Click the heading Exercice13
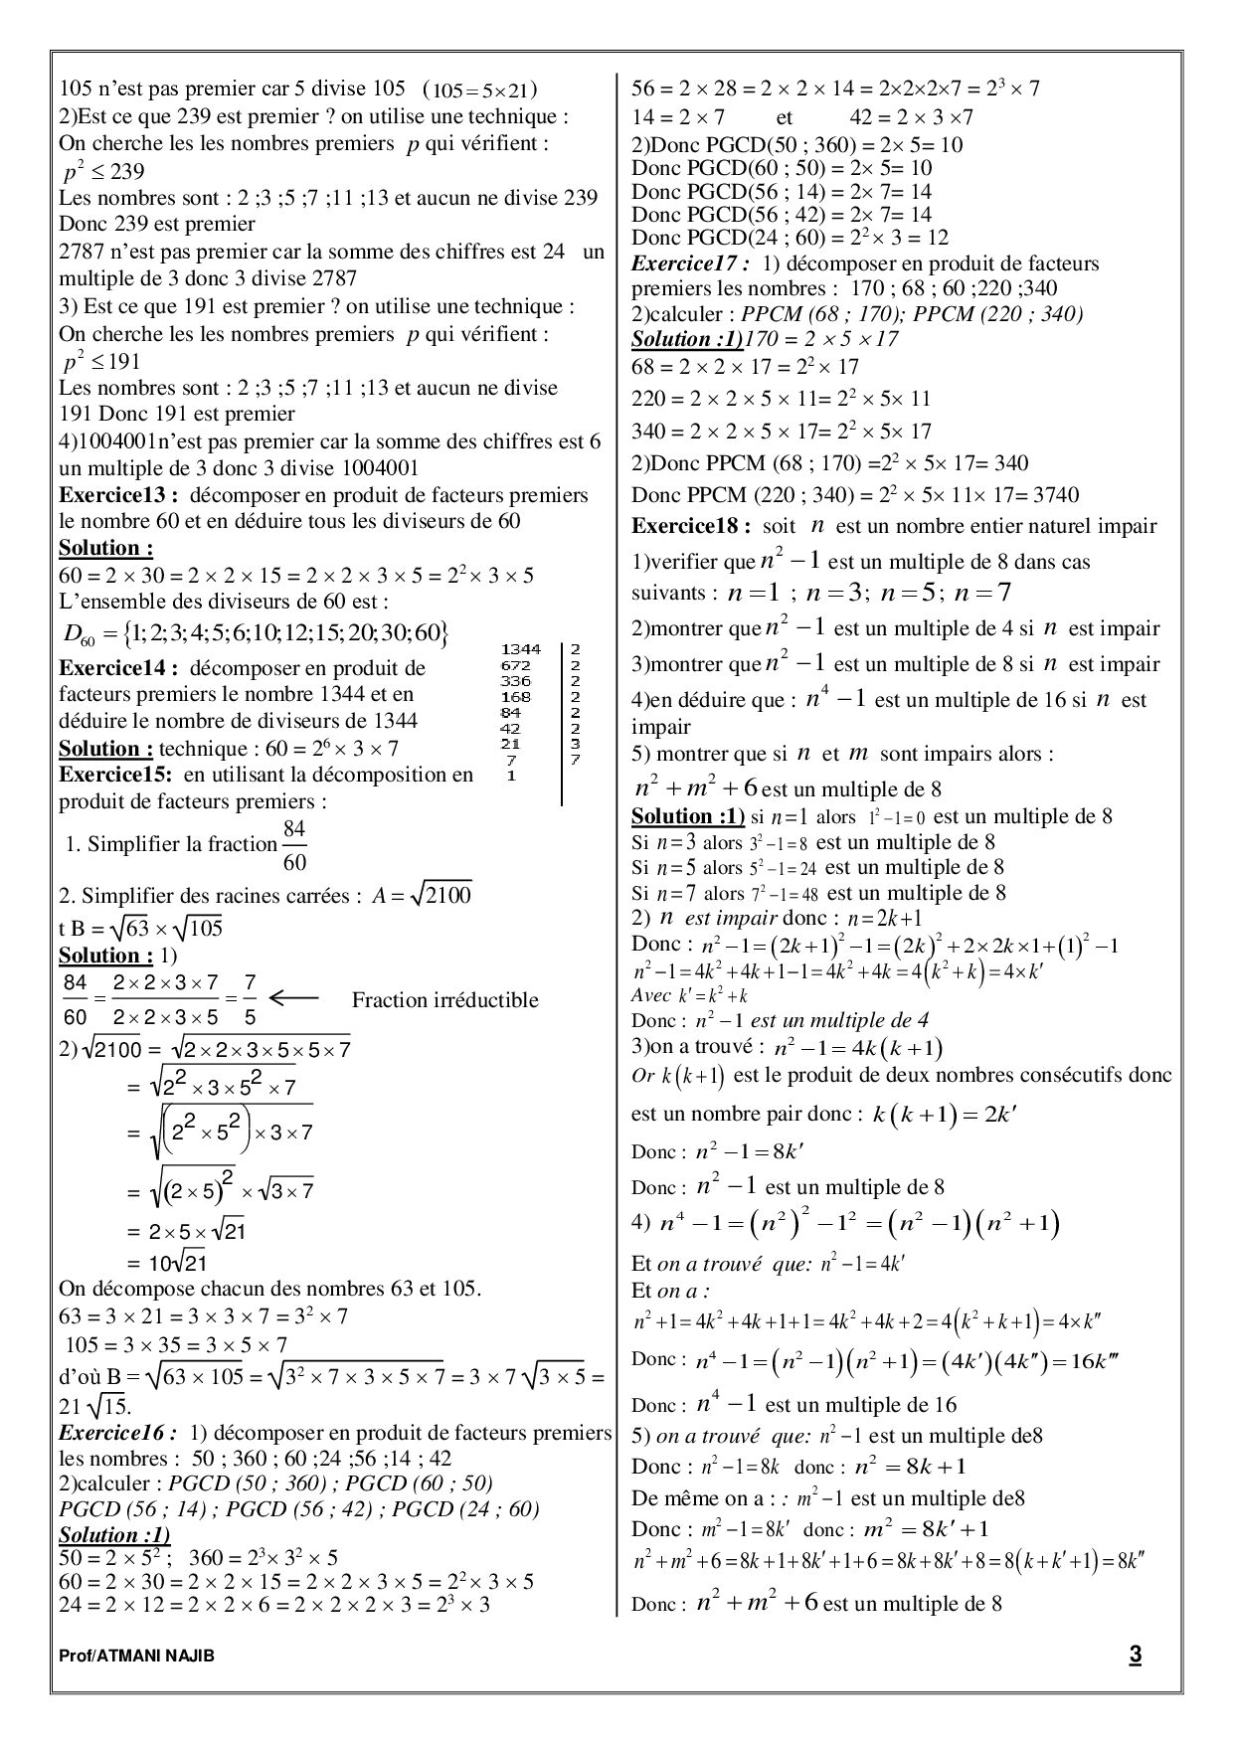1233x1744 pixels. click(x=117, y=495)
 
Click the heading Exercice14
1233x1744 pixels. click(x=117, y=668)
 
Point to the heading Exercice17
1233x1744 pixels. click(x=691, y=263)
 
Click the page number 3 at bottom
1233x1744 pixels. click(x=1135, y=1655)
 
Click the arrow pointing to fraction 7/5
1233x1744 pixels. click(x=294, y=998)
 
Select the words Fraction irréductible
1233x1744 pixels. click(x=444, y=1000)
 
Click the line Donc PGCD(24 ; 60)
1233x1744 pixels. click(x=791, y=238)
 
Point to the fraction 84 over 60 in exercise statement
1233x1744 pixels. click(x=294, y=844)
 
